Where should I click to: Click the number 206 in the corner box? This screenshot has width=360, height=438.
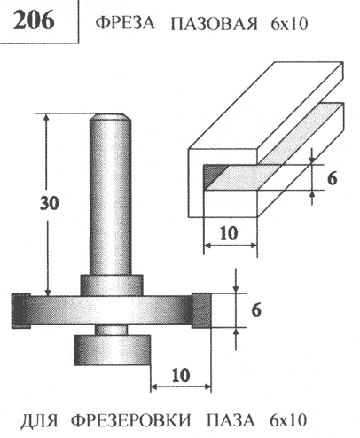pos(34,20)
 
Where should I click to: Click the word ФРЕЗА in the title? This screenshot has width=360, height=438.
pos(125,23)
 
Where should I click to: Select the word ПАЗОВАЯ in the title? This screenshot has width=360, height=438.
pos(215,23)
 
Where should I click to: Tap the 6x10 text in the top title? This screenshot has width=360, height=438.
pos(288,23)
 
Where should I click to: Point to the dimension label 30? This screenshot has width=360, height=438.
pos(50,203)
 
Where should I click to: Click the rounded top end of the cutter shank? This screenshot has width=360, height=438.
pos(110,117)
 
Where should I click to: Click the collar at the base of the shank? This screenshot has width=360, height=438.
pos(112,285)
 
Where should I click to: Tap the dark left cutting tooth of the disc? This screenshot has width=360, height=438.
pos(20,310)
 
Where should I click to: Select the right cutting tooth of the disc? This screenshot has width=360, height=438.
pos(201,310)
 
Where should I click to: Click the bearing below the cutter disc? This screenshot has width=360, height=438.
pos(113,350)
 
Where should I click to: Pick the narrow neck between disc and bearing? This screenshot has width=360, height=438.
pos(112,330)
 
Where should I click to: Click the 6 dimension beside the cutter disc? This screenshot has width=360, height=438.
pos(256,310)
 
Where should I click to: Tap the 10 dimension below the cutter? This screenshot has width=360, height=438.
pos(181,376)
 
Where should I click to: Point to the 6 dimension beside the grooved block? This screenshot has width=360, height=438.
pos(333,178)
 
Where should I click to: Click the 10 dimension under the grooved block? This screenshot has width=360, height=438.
pos(229,233)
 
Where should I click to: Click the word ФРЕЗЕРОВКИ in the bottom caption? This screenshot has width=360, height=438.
pos(131,420)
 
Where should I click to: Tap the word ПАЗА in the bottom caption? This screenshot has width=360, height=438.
pos(230,420)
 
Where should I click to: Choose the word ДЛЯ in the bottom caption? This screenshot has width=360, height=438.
pos(39,420)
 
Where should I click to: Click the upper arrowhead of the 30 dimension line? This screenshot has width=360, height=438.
pos(46,119)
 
